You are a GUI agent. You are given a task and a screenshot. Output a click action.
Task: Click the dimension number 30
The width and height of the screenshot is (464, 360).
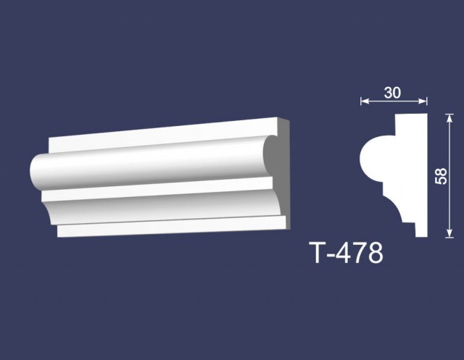[392, 93]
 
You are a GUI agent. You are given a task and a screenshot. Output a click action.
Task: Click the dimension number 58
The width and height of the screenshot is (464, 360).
[442, 176]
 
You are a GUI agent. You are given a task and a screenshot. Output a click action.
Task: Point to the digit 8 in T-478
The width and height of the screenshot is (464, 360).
[374, 253]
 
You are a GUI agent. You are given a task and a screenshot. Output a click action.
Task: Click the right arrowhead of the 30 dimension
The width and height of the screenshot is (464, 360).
[423, 101]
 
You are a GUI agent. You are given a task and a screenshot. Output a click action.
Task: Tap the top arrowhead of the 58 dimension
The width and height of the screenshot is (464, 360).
[449, 118]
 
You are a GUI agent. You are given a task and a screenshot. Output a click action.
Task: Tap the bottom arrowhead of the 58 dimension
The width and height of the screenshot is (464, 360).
[449, 233]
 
